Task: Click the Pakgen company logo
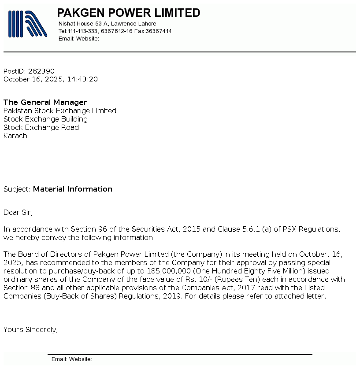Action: click(27, 24)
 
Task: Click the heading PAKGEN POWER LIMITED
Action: click(129, 13)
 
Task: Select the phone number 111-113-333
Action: click(83, 31)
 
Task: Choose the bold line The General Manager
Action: click(45, 102)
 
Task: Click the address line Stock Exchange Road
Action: click(41, 128)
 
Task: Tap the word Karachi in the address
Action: click(16, 136)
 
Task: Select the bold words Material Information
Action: click(73, 189)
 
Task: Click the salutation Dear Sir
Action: click(18, 213)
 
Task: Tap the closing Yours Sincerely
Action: click(30, 329)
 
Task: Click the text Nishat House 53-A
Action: click(83, 24)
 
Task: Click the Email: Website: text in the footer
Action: click(72, 359)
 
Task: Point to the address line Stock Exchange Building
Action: click(45, 119)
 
